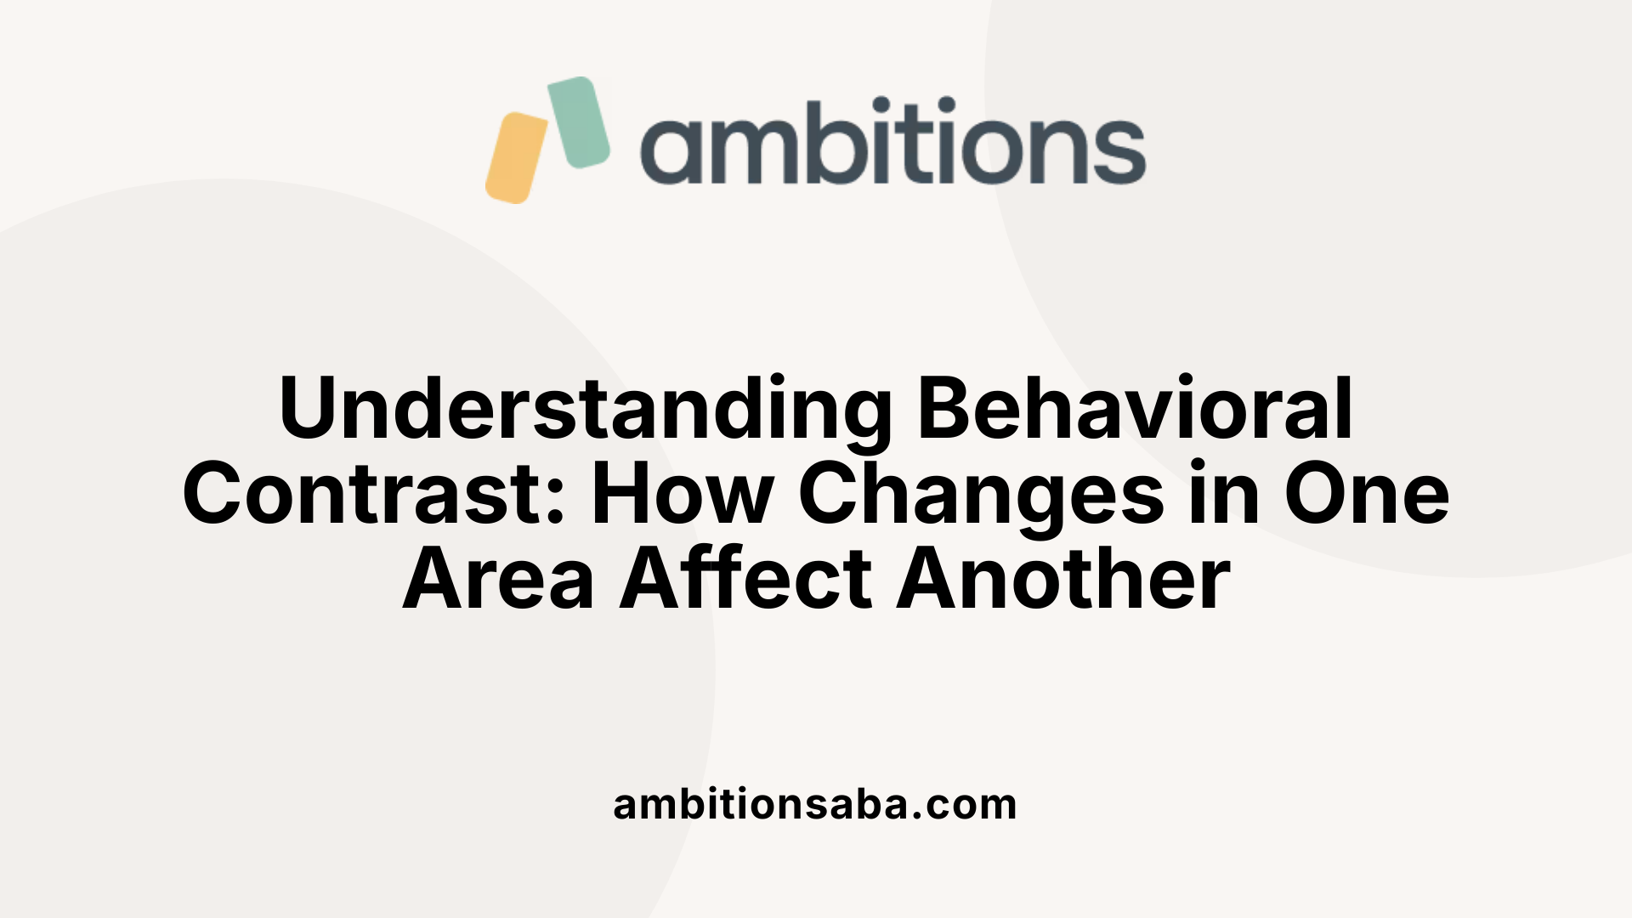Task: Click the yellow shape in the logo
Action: coord(517,158)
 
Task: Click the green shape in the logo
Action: coord(579,122)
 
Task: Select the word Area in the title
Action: coord(498,580)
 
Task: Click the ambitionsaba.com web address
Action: coord(815,804)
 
